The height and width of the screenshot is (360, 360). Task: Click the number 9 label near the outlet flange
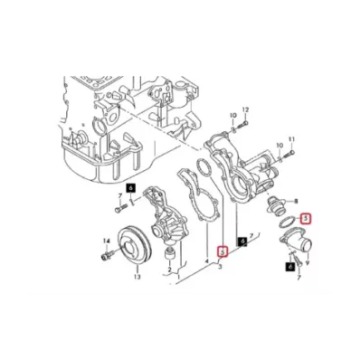pos(308,264)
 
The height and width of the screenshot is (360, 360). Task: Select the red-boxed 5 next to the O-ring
pos(306,218)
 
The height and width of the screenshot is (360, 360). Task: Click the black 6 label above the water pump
pos(130,187)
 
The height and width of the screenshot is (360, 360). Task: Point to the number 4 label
pos(207,261)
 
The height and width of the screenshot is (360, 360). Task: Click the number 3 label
pos(219,270)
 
